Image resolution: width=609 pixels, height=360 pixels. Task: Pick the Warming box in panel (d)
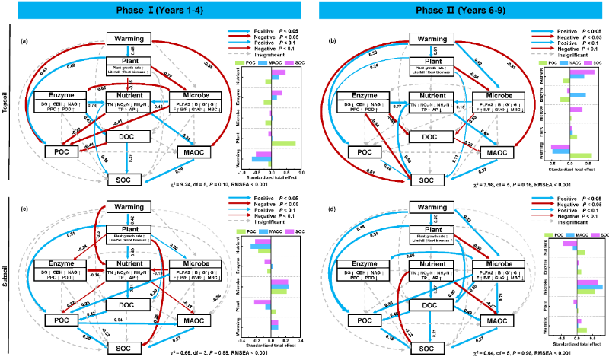click(433, 207)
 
